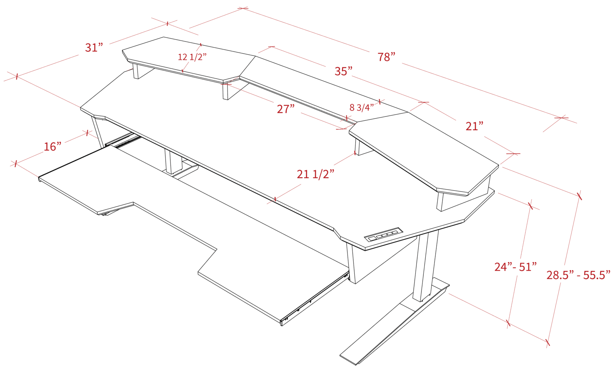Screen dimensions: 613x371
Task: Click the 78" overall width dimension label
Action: [x=387, y=57]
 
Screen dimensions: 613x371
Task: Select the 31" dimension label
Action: [x=94, y=47]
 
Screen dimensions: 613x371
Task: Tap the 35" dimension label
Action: [x=343, y=71]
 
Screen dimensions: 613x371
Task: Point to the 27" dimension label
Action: [x=286, y=109]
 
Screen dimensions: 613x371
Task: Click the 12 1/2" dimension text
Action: [x=192, y=57]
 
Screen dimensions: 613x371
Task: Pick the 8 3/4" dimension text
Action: [x=362, y=108]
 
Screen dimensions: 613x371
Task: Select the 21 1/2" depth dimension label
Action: [x=316, y=174]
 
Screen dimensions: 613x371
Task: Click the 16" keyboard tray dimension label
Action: [x=52, y=147]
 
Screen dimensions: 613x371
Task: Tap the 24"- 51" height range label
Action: [x=516, y=266]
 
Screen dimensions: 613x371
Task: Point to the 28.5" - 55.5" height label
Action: [x=579, y=275]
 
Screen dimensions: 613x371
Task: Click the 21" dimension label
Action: [x=475, y=126]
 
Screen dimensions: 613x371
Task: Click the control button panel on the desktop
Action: [x=384, y=235]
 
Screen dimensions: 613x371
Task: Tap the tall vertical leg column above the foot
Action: [x=426, y=265]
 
